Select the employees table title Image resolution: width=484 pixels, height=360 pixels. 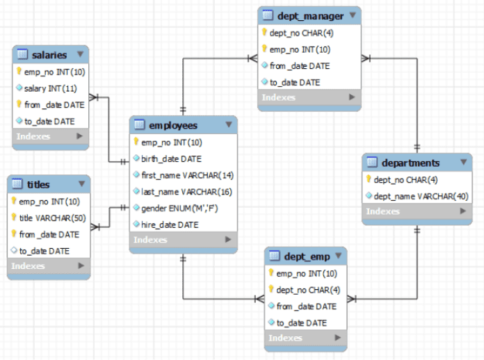click(173, 126)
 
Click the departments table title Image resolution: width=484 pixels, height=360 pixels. click(410, 163)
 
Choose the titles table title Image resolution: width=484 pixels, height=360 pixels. click(38, 184)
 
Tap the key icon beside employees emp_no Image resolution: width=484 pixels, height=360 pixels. click(136, 142)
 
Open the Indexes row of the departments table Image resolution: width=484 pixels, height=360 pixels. click(416, 211)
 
